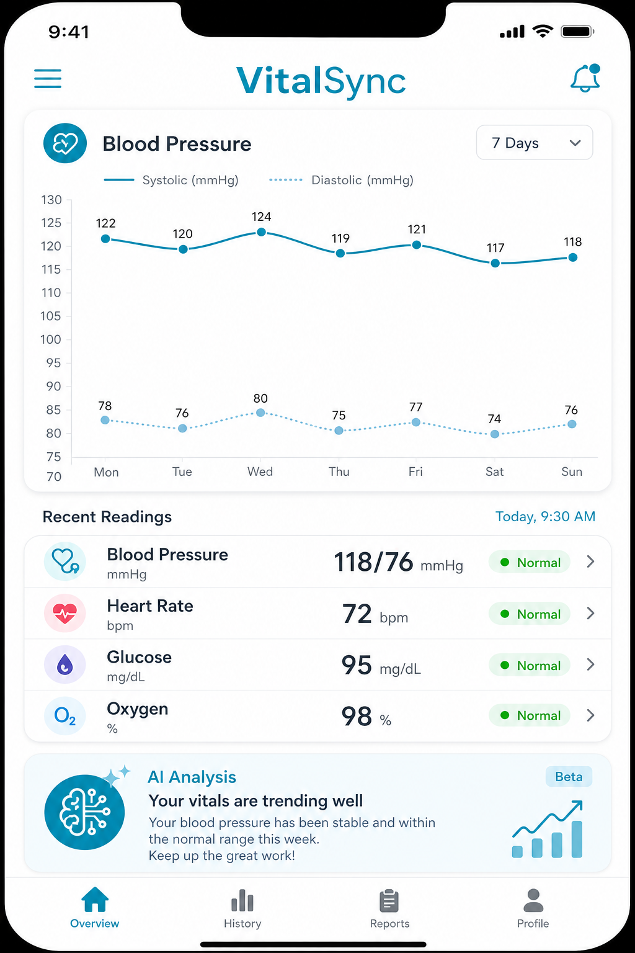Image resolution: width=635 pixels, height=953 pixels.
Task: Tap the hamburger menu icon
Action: [x=48, y=79]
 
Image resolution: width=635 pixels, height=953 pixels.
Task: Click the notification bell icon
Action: [x=585, y=78]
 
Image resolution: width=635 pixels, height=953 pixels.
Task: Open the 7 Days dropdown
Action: [x=535, y=143]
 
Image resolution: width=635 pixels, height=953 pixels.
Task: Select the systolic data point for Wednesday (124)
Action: [x=262, y=232]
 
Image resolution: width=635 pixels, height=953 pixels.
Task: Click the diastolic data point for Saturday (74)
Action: [x=495, y=434]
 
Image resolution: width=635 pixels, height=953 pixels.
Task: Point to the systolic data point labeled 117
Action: [x=495, y=263]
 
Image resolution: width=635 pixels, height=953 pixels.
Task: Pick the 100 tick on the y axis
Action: [x=51, y=339]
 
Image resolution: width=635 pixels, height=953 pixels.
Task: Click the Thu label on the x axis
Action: [x=339, y=472]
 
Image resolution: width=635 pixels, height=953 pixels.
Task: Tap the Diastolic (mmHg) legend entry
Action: [x=341, y=180]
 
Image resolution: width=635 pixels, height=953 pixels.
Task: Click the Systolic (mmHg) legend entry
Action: [x=171, y=180]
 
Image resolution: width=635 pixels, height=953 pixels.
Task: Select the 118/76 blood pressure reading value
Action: [x=373, y=562]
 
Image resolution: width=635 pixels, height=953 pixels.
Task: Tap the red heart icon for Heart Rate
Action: [x=64, y=614]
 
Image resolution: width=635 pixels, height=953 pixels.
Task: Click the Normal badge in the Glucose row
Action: [x=530, y=665]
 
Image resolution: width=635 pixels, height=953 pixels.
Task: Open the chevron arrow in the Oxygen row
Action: [x=590, y=715]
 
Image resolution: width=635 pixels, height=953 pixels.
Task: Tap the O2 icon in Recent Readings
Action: [x=64, y=715]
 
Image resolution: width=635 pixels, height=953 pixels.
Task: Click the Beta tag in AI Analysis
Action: [x=569, y=776]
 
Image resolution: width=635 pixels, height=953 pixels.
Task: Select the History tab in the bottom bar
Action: [x=242, y=909]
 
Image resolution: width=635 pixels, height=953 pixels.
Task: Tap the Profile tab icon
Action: [x=533, y=900]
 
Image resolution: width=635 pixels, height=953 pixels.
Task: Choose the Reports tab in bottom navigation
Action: [x=389, y=909]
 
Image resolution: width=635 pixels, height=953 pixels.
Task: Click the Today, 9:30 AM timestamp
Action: [x=545, y=516]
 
